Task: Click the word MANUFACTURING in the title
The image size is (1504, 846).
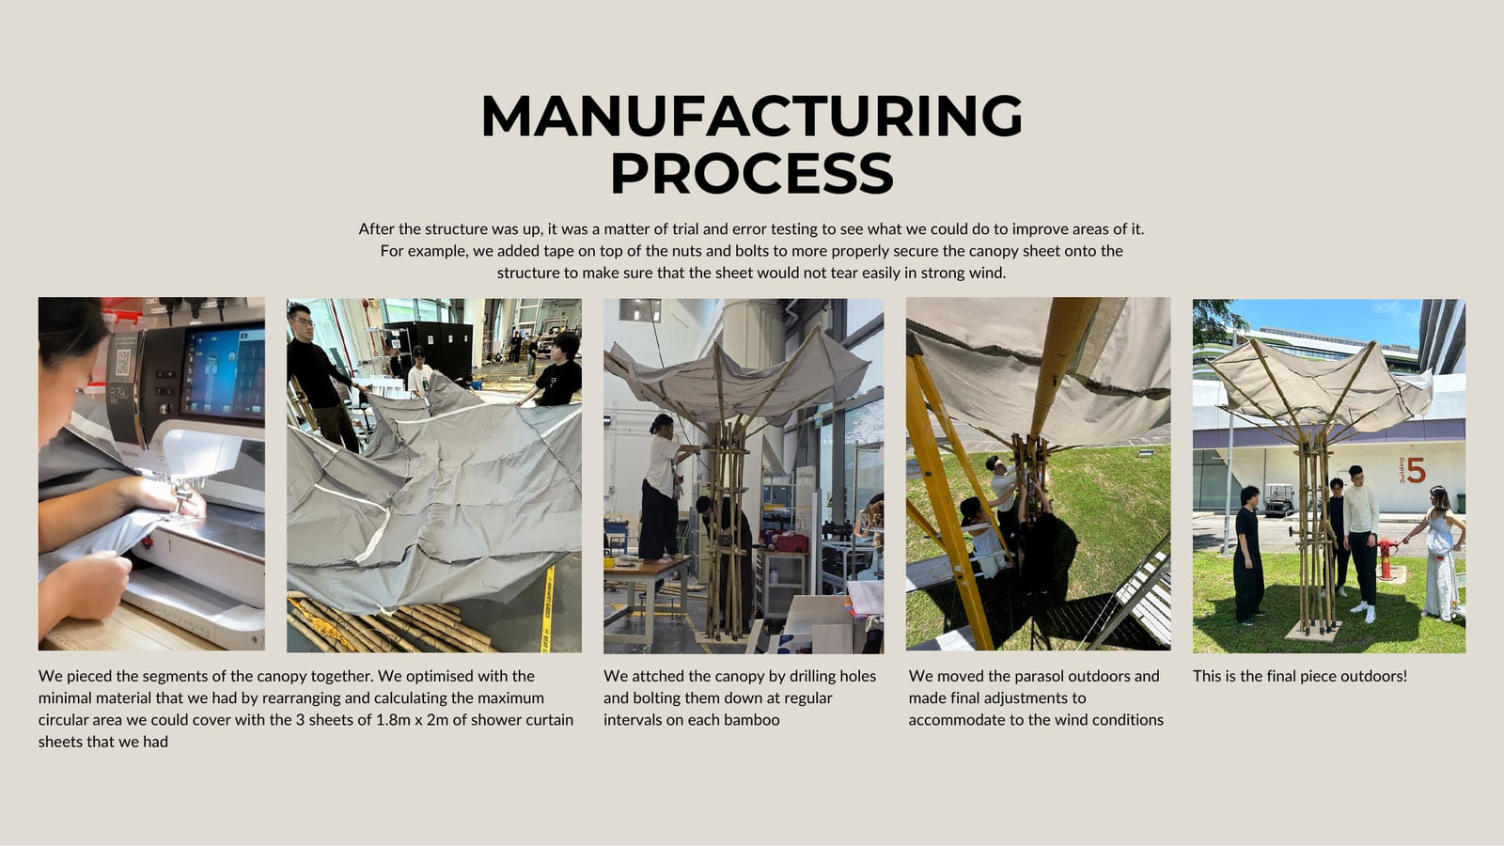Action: [752, 116]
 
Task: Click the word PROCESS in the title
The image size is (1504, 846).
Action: [752, 173]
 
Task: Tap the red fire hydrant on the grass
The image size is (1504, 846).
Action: [1386, 558]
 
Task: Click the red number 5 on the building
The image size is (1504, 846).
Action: [1416, 470]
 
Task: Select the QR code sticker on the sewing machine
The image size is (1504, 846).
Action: [123, 362]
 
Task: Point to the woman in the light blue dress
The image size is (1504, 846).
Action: [1440, 554]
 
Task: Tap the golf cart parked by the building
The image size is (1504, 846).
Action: [1279, 500]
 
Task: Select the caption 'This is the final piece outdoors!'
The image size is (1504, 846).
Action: [1299, 676]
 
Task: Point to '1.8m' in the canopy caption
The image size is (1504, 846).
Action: [395, 720]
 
